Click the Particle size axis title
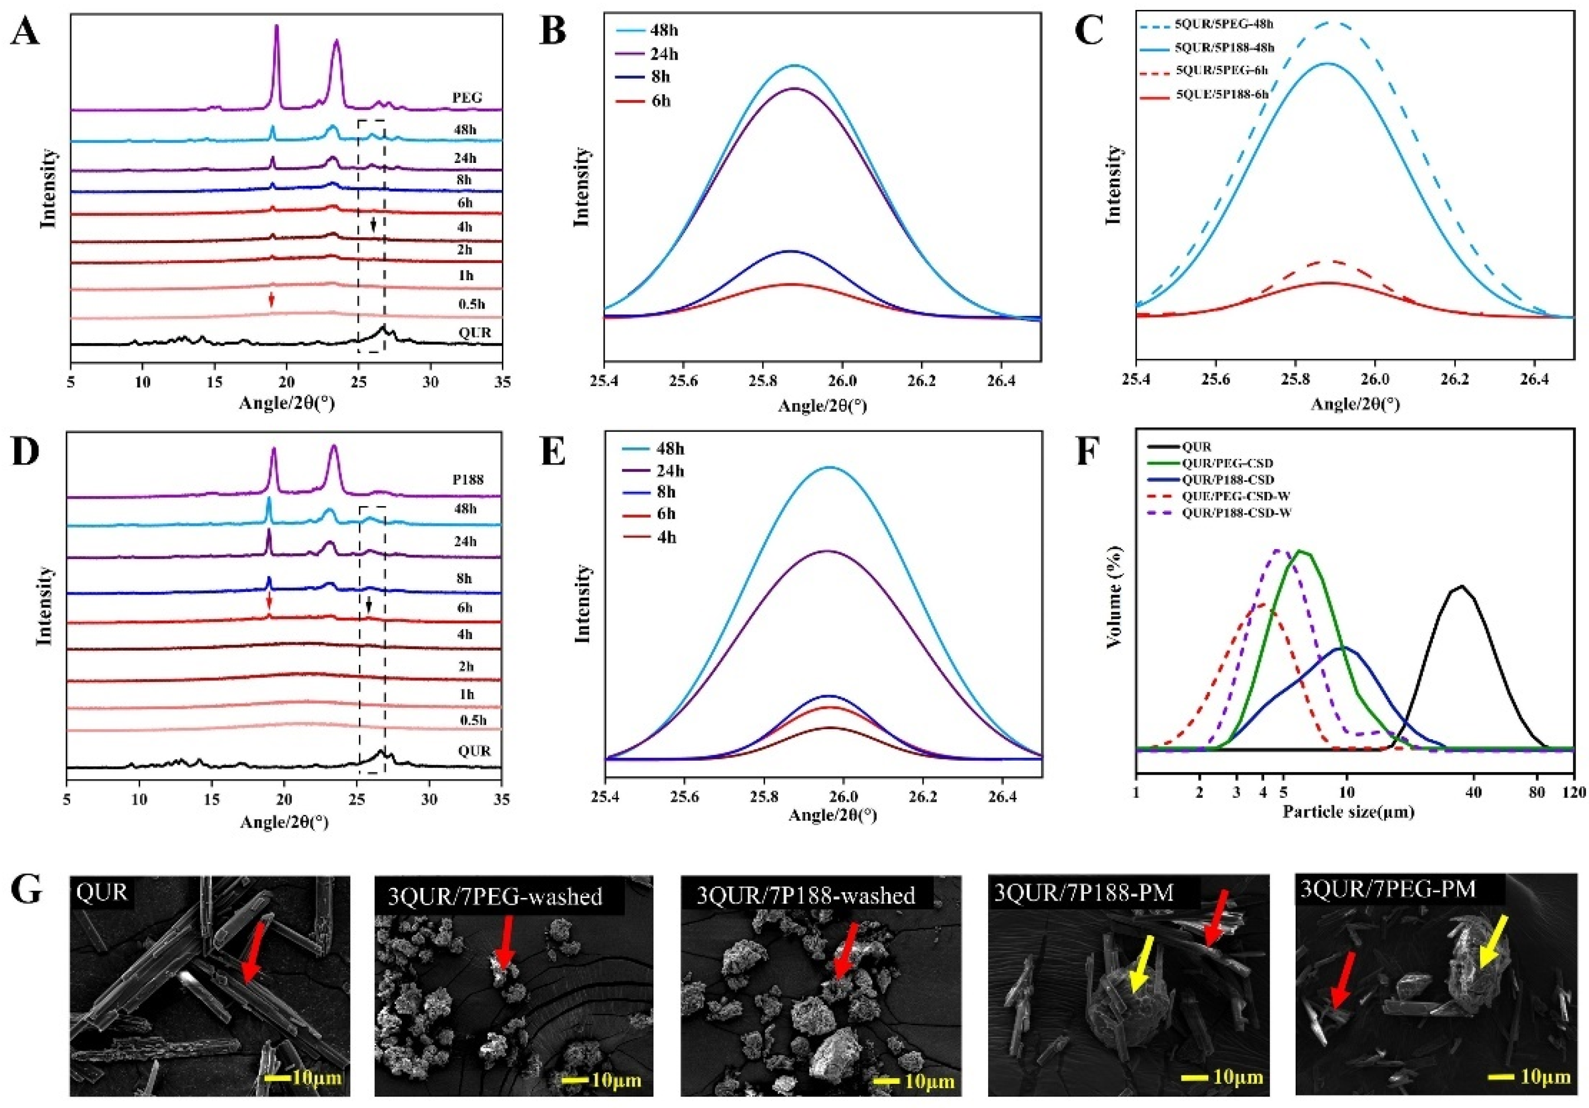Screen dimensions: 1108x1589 click(1347, 811)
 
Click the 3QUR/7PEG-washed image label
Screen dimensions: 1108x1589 click(500, 896)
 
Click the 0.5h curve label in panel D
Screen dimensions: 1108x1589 click(474, 720)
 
